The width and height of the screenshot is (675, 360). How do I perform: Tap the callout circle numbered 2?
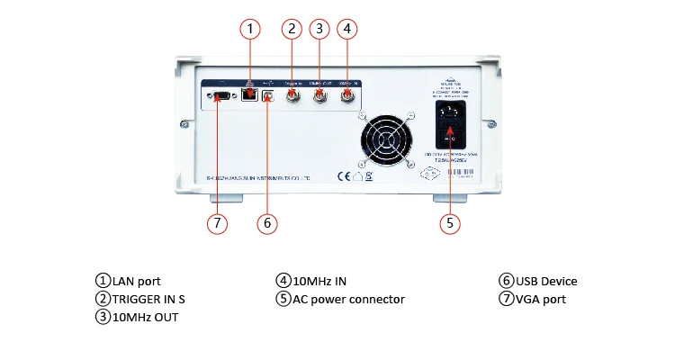point(290,28)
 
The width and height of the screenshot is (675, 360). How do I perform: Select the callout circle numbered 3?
point(318,28)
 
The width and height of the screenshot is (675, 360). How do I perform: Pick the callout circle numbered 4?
point(346,28)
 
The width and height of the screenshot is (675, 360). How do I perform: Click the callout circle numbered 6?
point(265,221)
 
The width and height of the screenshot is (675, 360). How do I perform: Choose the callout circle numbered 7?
point(216,221)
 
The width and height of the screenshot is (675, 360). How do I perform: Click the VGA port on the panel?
point(221,94)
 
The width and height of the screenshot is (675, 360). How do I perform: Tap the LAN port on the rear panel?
point(249,93)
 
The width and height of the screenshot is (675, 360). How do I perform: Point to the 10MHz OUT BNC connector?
point(319,94)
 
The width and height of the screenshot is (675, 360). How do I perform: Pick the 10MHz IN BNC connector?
point(346,94)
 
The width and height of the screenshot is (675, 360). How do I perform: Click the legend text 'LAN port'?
point(136,282)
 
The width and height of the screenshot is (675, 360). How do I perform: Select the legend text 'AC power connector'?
point(348,299)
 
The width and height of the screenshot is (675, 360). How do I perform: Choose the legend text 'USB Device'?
point(545,282)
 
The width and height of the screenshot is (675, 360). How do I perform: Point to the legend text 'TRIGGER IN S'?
point(148,299)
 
